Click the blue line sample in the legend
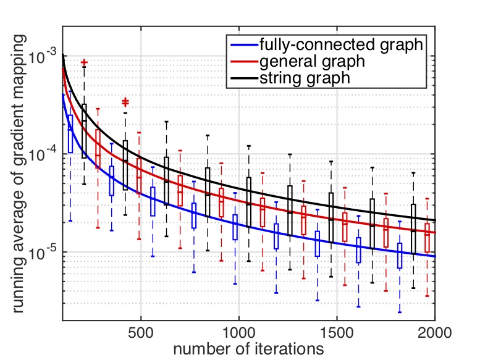(243, 46)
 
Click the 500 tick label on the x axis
(141, 332)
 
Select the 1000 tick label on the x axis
(239, 332)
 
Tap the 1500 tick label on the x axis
(337, 332)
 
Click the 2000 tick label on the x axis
(434, 332)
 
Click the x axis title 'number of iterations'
(248, 349)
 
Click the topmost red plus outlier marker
(84, 63)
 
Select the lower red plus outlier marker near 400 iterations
(125, 101)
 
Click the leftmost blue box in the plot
(70, 133)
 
